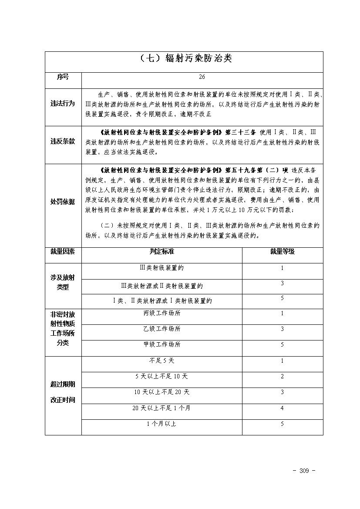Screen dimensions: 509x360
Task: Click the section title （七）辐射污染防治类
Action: [x=184, y=59]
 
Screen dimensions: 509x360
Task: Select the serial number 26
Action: [x=202, y=77]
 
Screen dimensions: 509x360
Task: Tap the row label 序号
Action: [x=63, y=77]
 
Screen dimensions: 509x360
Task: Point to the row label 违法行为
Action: [x=63, y=104]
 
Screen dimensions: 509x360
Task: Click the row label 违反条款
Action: [x=63, y=142]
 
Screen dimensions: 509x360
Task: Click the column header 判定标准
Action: [x=161, y=252]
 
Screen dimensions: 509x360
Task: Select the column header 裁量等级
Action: [x=282, y=252]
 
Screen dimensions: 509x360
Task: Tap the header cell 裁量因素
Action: [x=63, y=252]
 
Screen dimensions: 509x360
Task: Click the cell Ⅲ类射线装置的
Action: [x=161, y=268]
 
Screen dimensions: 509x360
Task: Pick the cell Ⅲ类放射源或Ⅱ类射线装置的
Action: [x=161, y=286]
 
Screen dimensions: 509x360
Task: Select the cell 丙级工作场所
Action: [x=161, y=313]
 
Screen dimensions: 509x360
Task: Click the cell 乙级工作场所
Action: [x=161, y=329]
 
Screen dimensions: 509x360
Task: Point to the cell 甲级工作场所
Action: [x=161, y=344]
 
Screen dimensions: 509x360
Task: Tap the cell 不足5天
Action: [x=161, y=361]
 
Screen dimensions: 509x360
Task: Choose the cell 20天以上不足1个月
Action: [x=161, y=408]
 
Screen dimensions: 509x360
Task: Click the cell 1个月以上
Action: [x=161, y=424]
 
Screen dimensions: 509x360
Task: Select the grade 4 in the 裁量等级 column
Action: [x=282, y=408]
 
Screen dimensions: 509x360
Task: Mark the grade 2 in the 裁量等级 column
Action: [x=282, y=376]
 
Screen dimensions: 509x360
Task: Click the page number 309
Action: [x=304, y=471]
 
